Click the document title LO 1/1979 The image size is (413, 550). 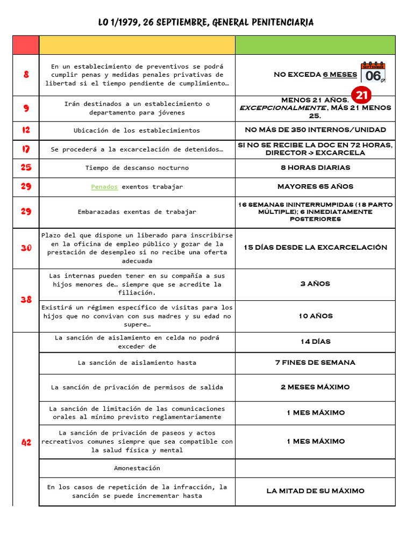(x=206, y=22)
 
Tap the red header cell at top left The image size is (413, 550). (x=26, y=45)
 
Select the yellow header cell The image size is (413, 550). (x=137, y=45)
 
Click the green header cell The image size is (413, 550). (x=315, y=45)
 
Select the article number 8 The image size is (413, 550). (x=26, y=75)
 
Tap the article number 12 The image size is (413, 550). (x=26, y=130)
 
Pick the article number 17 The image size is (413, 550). (x=26, y=149)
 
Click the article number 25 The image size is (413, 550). (x=26, y=168)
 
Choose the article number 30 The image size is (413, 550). (x=26, y=248)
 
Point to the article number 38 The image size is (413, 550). (x=26, y=300)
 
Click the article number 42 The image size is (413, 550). (x=26, y=442)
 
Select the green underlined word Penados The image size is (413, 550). (x=104, y=187)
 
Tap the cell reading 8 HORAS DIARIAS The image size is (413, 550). (x=315, y=168)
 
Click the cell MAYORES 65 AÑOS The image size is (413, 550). (x=315, y=187)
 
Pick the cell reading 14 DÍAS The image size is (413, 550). (x=315, y=342)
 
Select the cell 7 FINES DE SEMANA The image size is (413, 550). (x=315, y=363)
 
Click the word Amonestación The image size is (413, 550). (x=137, y=468)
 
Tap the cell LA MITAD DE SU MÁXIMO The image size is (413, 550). (x=315, y=491)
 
